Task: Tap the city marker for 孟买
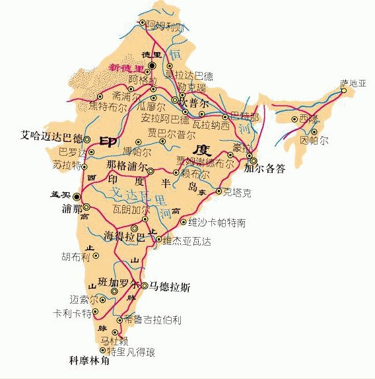tap(77, 196)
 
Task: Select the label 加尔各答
tap(265, 169)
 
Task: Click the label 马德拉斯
tap(170, 286)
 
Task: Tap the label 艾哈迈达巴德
tap(51, 138)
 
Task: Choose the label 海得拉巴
tap(124, 236)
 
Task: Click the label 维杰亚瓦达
tap(187, 242)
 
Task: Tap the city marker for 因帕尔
tap(314, 131)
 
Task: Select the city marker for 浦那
tap(86, 207)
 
